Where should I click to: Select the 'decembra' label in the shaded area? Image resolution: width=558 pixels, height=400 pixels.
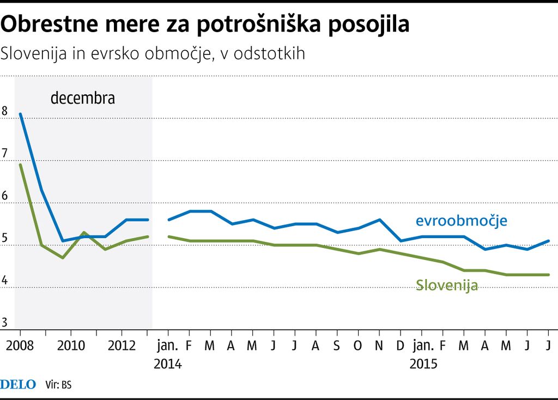click(x=83, y=99)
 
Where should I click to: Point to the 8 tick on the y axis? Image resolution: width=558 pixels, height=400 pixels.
click(x=4, y=111)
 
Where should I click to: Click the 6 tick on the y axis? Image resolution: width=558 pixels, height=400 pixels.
click(x=4, y=196)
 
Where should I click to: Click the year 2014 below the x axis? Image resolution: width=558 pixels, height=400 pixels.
click(x=167, y=363)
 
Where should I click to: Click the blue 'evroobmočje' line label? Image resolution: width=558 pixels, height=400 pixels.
click(x=462, y=221)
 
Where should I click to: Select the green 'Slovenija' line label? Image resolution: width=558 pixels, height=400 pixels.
click(x=447, y=284)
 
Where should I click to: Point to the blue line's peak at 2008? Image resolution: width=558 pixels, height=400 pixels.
click(x=21, y=114)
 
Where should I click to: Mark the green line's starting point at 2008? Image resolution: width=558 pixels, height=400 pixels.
click(x=21, y=165)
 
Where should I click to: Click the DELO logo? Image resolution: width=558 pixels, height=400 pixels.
click(x=18, y=385)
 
